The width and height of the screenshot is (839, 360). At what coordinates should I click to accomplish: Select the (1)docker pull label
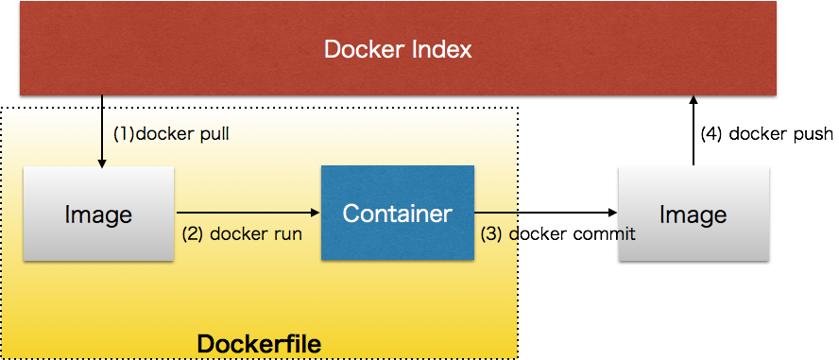tap(171, 133)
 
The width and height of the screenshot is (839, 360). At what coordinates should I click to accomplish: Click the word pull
tap(213, 133)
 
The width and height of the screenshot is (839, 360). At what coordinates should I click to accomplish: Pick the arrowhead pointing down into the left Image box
tap(102, 163)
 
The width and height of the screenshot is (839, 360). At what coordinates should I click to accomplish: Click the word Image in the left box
tap(98, 214)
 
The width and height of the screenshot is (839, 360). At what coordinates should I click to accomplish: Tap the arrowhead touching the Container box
tap(316, 213)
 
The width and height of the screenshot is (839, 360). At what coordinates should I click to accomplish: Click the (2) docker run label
tap(241, 233)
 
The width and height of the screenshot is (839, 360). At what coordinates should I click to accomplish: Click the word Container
tap(397, 214)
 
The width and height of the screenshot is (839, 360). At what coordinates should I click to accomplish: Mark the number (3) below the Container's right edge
tap(491, 233)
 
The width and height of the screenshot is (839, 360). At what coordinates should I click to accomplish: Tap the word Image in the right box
tap(693, 214)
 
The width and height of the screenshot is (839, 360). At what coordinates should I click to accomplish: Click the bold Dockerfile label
tap(259, 344)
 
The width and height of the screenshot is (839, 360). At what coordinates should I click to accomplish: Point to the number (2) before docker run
tap(193, 233)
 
